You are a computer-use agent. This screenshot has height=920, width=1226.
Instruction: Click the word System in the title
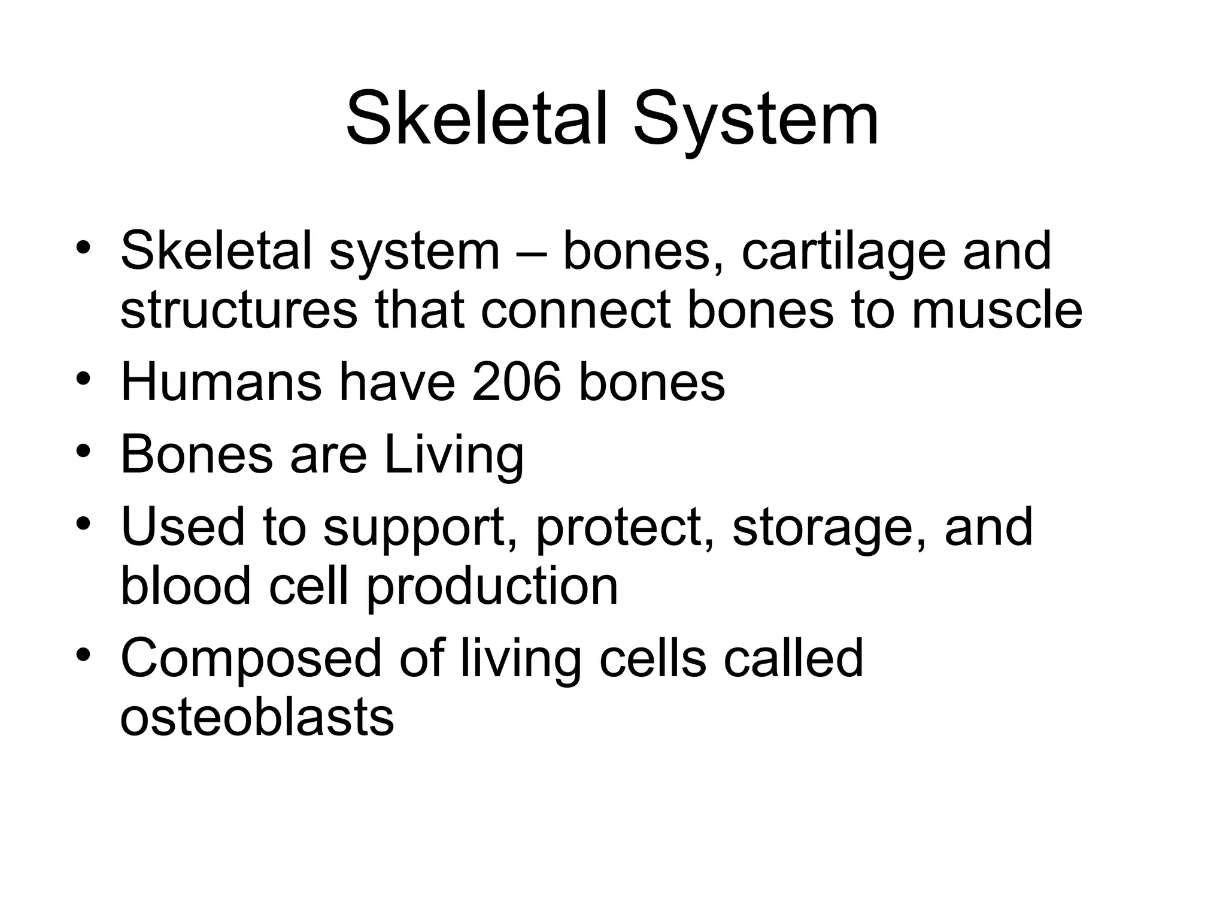click(755, 119)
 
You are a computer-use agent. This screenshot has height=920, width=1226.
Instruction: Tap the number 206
click(517, 383)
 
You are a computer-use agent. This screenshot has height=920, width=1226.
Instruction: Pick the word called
click(793, 658)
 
